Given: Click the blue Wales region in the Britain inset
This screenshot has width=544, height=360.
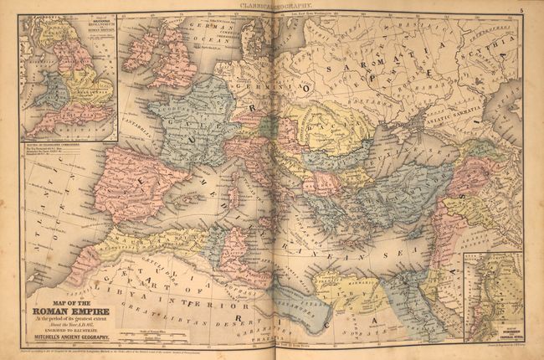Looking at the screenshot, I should click(39, 84).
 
